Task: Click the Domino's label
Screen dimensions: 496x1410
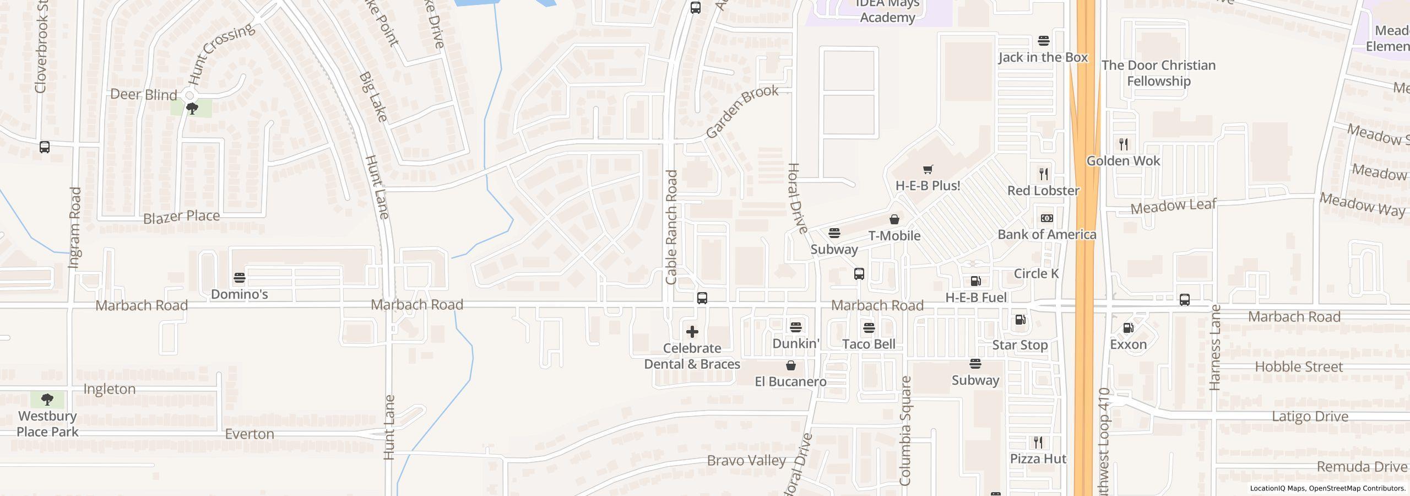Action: [x=239, y=294]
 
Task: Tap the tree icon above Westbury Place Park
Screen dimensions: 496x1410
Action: [x=47, y=399]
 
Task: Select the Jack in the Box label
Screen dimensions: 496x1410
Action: [x=1043, y=57]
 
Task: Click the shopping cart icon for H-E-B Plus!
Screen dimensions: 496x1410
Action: [x=928, y=170]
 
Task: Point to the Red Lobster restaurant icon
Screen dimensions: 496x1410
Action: [x=1043, y=174]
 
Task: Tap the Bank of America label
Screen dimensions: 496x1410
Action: [x=1046, y=235]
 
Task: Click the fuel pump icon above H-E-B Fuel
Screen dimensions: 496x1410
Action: [x=975, y=281]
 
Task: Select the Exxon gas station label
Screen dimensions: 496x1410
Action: [x=1128, y=344]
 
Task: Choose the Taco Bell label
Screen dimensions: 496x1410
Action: [x=869, y=344]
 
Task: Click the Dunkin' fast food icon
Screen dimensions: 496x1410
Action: [x=795, y=327]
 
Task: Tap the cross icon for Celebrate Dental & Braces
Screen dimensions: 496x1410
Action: [x=692, y=332]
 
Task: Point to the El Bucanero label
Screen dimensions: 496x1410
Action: [x=790, y=381]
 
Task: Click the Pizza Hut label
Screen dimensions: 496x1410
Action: [x=1038, y=459]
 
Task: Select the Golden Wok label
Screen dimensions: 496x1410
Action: [x=1123, y=161]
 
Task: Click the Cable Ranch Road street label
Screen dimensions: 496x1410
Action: [x=671, y=227]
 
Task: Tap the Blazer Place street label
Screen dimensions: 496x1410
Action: [x=181, y=217]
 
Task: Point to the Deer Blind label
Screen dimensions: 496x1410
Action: [x=144, y=95]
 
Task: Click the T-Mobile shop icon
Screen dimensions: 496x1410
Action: [x=894, y=219]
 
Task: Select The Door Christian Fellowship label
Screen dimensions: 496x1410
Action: [x=1158, y=73]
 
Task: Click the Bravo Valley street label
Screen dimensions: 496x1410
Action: [x=746, y=460]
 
